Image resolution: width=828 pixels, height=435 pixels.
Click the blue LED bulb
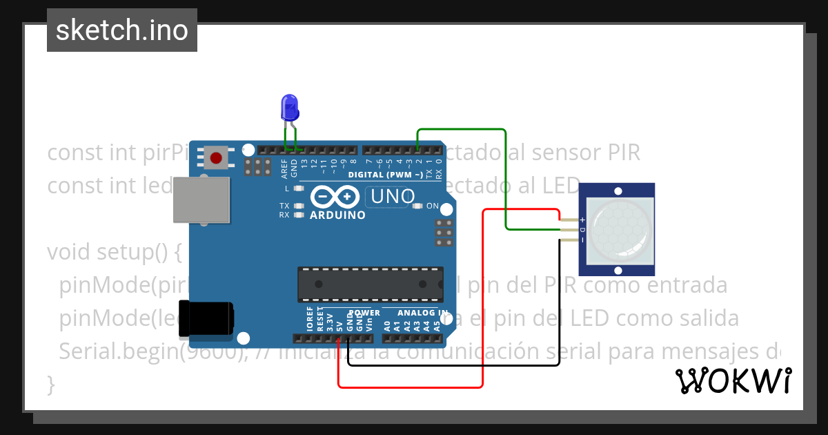pyautogui.click(x=289, y=108)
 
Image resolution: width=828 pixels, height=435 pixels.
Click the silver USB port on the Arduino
pyautogui.click(x=201, y=200)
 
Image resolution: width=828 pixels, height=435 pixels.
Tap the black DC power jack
pyautogui.click(x=206, y=318)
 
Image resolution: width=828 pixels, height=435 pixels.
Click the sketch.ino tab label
pyautogui.click(x=122, y=30)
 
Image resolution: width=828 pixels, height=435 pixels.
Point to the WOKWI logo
pyautogui.click(x=733, y=380)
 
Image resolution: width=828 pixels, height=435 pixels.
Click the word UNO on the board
pyautogui.click(x=393, y=197)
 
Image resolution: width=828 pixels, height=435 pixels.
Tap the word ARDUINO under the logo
pyautogui.click(x=338, y=215)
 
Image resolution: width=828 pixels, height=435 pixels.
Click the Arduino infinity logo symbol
pyautogui.click(x=334, y=197)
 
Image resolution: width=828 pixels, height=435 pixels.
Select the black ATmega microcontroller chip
pyautogui.click(x=370, y=284)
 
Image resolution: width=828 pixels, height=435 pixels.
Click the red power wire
pyautogui.click(x=482, y=297)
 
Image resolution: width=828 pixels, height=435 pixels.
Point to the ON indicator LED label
pyautogui.click(x=432, y=206)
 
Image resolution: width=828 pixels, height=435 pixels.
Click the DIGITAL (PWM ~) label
pyautogui.click(x=386, y=175)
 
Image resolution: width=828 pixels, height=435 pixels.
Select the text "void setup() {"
pyautogui.click(x=114, y=252)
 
